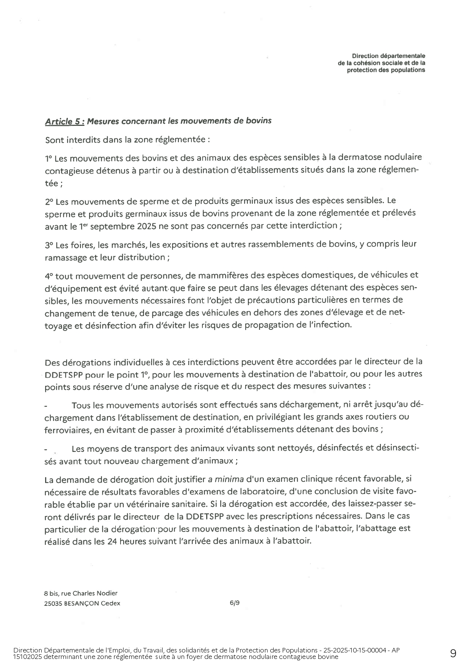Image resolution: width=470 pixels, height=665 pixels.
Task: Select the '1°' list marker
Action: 49,158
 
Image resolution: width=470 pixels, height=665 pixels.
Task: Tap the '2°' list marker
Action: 49,201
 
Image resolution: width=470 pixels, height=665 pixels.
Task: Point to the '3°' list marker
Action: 49,245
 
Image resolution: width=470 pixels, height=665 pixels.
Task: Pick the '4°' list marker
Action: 49,276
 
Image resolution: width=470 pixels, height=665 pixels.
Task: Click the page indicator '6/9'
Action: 234,603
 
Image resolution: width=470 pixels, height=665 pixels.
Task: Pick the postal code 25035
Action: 52,603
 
